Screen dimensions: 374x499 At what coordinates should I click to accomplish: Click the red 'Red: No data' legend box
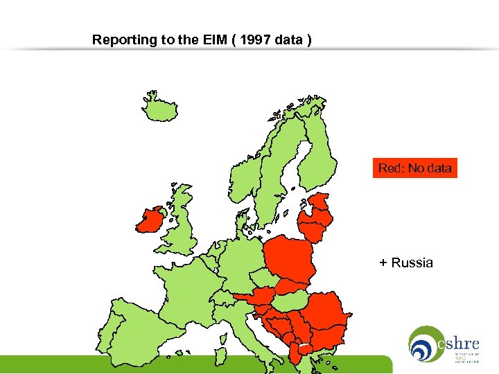point(414,168)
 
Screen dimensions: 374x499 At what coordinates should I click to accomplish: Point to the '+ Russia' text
point(406,263)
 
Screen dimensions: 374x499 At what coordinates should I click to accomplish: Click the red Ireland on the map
point(150,221)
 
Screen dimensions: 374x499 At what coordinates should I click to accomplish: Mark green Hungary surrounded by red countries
point(291,299)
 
